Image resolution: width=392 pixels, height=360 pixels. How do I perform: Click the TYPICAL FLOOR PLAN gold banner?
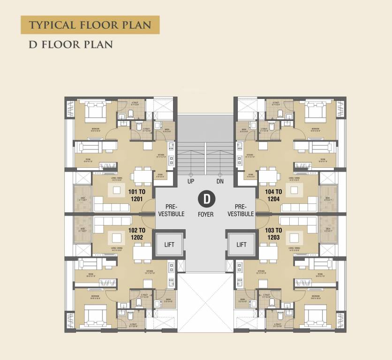click(90, 24)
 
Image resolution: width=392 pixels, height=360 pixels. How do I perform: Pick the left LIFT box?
click(170, 244)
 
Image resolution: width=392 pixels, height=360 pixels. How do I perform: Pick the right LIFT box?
click(241, 244)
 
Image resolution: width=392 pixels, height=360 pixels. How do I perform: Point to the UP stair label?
click(191, 181)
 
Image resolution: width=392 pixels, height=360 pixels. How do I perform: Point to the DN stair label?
click(220, 181)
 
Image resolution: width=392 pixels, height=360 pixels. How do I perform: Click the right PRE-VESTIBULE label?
click(241, 210)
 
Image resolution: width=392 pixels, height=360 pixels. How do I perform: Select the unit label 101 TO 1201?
click(137, 195)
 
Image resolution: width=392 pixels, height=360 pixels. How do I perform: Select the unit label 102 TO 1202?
click(137, 233)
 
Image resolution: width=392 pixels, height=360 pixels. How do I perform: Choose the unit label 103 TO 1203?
click(273, 233)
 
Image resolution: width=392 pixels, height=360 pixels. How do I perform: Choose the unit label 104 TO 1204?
click(273, 195)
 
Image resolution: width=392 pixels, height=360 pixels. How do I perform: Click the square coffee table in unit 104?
click(294, 190)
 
